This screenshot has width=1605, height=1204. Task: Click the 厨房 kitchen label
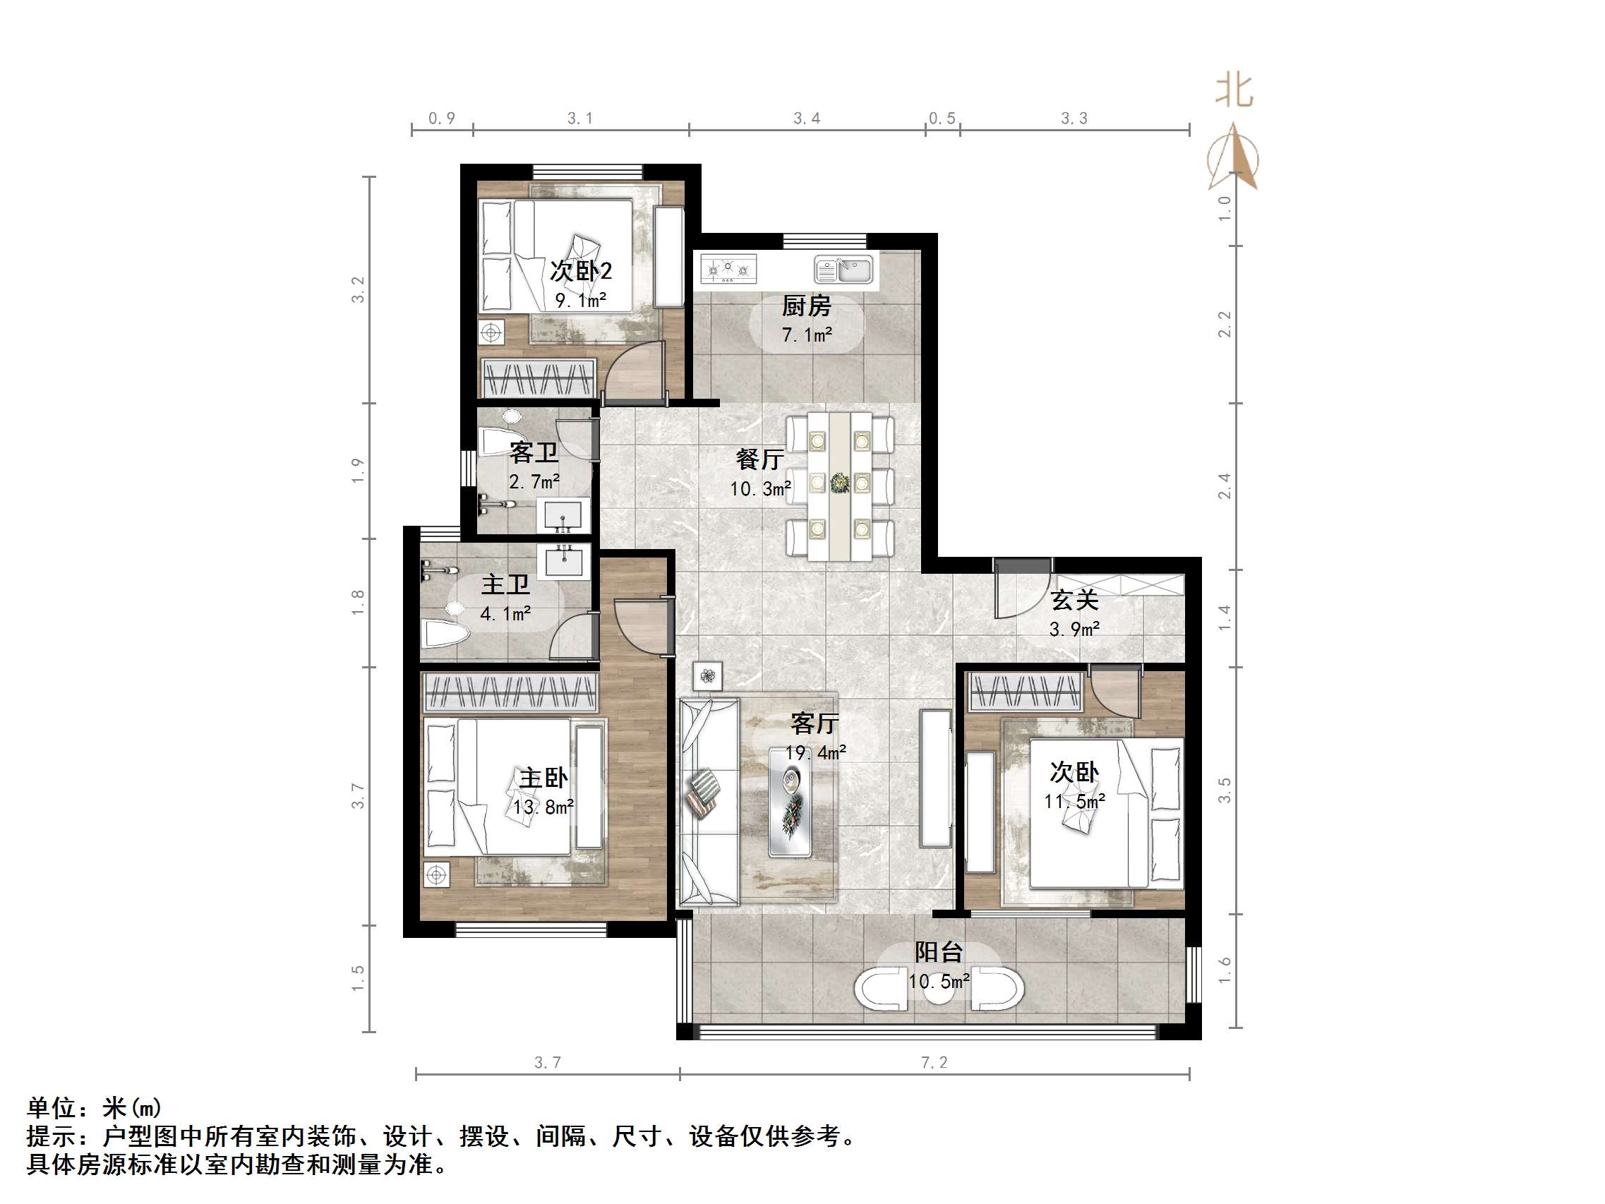pos(806,306)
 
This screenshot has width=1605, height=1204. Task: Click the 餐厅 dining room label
pos(759,459)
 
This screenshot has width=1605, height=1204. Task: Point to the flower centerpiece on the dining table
pos(839,483)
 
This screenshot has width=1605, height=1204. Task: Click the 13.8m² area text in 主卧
pos(543,807)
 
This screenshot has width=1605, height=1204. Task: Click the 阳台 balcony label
pos(938,952)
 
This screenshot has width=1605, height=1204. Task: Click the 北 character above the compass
pos(1234,92)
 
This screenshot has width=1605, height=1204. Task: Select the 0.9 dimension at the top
pos(442,119)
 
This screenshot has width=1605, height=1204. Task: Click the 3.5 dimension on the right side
pos(1225,790)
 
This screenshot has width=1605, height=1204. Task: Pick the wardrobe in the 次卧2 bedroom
pos(539,378)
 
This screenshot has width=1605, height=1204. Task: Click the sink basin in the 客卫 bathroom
pos(563,514)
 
